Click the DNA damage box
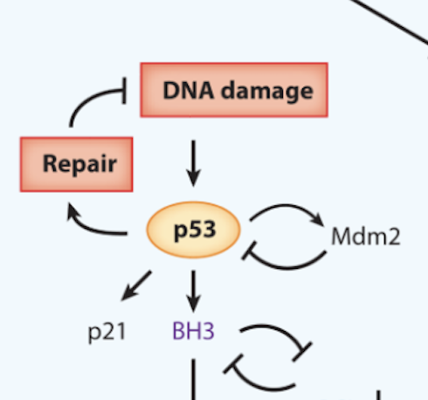(234, 90)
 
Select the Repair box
(77, 164)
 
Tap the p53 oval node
(194, 230)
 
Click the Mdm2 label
(366, 237)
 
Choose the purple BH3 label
(194, 331)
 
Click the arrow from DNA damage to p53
(193, 163)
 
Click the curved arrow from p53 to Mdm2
(286, 206)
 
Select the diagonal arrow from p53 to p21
(136, 286)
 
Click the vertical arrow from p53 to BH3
(193, 291)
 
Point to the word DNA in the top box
(188, 91)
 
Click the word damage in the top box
(267, 92)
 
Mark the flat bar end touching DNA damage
(125, 91)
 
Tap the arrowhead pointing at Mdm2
(319, 220)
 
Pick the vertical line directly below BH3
(194, 379)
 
